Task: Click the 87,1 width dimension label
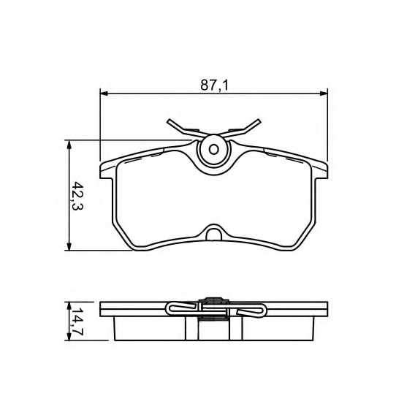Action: (214, 85)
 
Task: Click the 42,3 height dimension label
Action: (77, 195)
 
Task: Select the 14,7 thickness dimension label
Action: (77, 321)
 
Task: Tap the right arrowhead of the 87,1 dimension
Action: (324, 94)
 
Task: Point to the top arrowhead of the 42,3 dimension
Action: (69, 145)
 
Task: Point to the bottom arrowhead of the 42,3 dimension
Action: (69, 246)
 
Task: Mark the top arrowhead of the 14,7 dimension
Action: (69, 306)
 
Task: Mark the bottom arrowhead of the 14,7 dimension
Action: (69, 336)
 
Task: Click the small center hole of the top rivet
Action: (214, 150)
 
